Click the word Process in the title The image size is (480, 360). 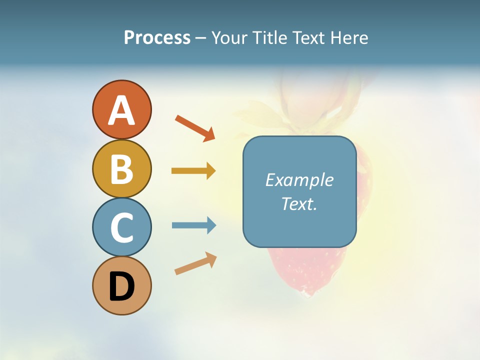157,37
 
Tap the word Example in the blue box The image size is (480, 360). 299,180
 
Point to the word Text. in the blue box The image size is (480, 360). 299,204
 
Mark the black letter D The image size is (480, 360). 121,286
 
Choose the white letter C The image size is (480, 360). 121,228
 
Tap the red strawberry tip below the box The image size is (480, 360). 306,280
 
